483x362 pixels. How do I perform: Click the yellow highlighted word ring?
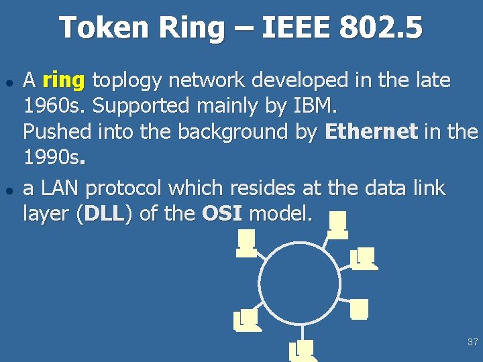[63, 81]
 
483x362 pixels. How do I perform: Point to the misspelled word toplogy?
[127, 81]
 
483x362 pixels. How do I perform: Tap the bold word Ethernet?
[371, 131]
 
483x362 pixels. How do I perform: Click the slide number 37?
[472, 342]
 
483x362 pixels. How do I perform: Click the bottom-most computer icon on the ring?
[301, 349]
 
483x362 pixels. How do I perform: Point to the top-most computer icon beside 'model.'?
[337, 224]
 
